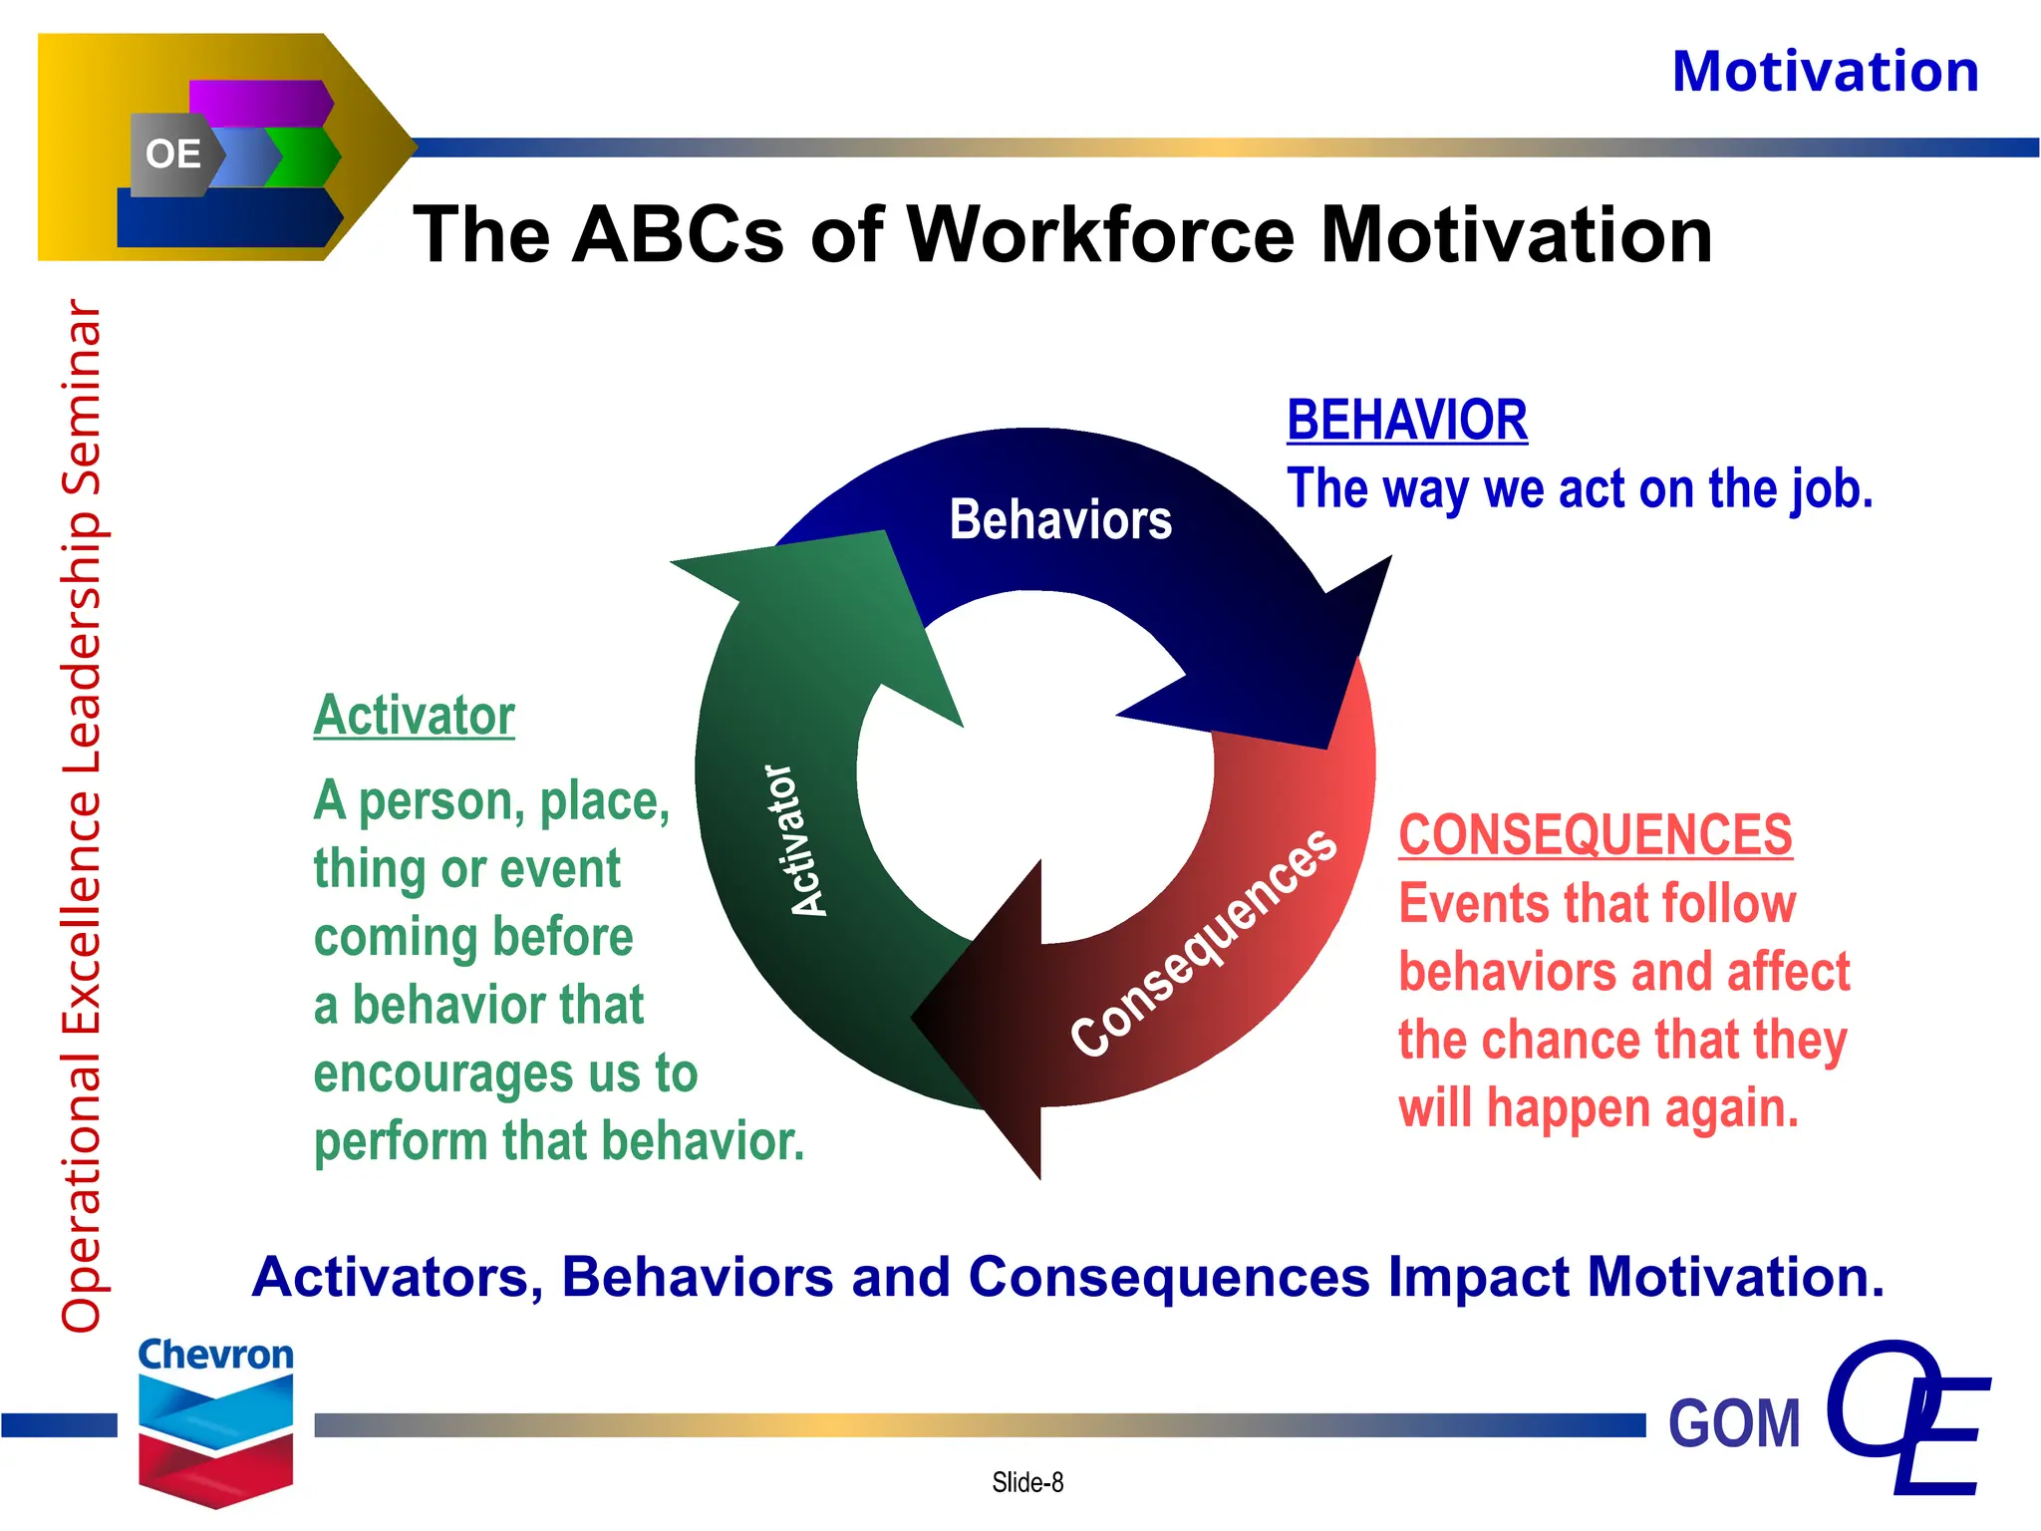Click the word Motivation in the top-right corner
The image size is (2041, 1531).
(1825, 73)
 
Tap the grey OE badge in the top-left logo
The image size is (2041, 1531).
(172, 154)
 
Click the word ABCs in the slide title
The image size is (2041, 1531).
(679, 235)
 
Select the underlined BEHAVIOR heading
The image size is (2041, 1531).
(1406, 420)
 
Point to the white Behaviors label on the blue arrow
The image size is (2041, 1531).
(1060, 520)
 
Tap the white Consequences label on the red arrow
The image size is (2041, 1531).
(1204, 942)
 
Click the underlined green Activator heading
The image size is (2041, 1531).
(414, 716)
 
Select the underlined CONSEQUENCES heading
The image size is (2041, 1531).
(1595, 835)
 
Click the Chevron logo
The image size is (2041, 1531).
(215, 1420)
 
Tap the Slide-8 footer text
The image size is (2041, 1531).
(1027, 1483)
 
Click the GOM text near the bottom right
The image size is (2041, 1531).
(1734, 1423)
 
